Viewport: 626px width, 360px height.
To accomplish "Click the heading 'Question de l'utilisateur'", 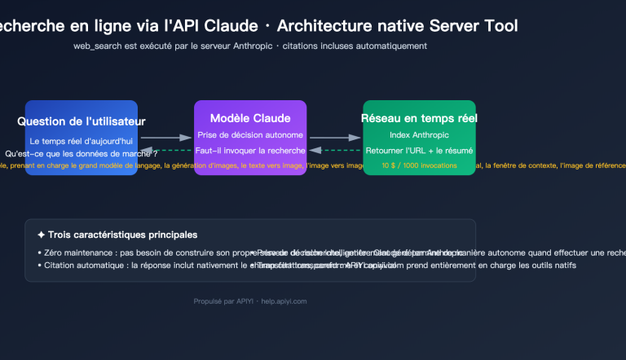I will pyautogui.click(x=82, y=121).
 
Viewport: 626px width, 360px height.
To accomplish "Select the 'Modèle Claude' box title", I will pyautogui.click(x=250, y=118).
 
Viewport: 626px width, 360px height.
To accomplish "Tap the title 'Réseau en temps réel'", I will pyautogui.click(x=419, y=118).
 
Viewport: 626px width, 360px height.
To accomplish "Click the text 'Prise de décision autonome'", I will pyautogui.click(x=250, y=134).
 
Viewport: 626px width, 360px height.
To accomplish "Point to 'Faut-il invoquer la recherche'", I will pyautogui.click(x=250, y=150).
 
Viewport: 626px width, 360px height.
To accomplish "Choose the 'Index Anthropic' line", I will pyautogui.click(x=419, y=134).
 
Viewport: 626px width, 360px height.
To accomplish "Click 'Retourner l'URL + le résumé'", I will pyautogui.click(x=419, y=150).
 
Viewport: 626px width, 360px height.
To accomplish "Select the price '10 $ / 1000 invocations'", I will pyautogui.click(x=419, y=165).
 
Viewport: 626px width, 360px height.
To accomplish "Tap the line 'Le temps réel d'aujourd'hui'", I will pyautogui.click(x=82, y=141).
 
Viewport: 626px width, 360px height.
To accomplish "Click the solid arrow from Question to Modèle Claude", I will pyautogui.click(x=165, y=138).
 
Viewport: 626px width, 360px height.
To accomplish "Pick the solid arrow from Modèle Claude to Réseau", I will pyautogui.click(x=334, y=138).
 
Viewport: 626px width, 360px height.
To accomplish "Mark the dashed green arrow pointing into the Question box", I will pyautogui.click(x=165, y=150).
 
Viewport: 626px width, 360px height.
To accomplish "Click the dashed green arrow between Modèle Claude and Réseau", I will pyautogui.click(x=334, y=150).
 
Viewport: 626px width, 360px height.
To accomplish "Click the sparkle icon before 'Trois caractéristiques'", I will pyautogui.click(x=42, y=235).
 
